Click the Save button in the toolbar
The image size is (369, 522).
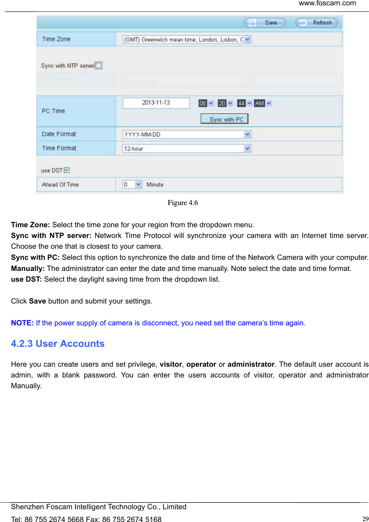pyautogui.click(x=265, y=23)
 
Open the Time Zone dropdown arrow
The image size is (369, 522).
pyautogui.click(x=247, y=39)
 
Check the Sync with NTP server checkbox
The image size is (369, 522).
pyautogui.click(x=98, y=65)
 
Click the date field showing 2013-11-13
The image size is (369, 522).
pyautogui.click(x=156, y=103)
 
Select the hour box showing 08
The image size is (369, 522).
pyautogui.click(x=203, y=103)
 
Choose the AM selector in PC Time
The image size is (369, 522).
pyautogui.click(x=260, y=103)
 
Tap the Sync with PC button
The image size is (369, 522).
pyautogui.click(x=224, y=119)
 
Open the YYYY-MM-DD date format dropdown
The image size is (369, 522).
pyautogui.click(x=187, y=134)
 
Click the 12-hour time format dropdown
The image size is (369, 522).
pyautogui.click(x=187, y=149)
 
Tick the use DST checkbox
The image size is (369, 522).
pyautogui.click(x=67, y=170)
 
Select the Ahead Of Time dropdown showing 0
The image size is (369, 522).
pyautogui.click(x=132, y=184)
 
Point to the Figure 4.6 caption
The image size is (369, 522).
pyautogui.click(x=182, y=203)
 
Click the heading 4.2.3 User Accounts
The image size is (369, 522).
pyautogui.click(x=58, y=344)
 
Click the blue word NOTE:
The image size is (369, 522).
pyautogui.click(x=22, y=323)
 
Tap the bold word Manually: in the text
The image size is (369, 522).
pyautogui.click(x=28, y=269)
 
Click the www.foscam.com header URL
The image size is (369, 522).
pyautogui.click(x=327, y=3)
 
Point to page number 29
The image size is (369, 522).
pyautogui.click(x=365, y=519)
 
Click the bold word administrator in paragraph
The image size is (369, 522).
pyautogui.click(x=251, y=364)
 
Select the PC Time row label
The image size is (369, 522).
pyautogui.click(x=53, y=111)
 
